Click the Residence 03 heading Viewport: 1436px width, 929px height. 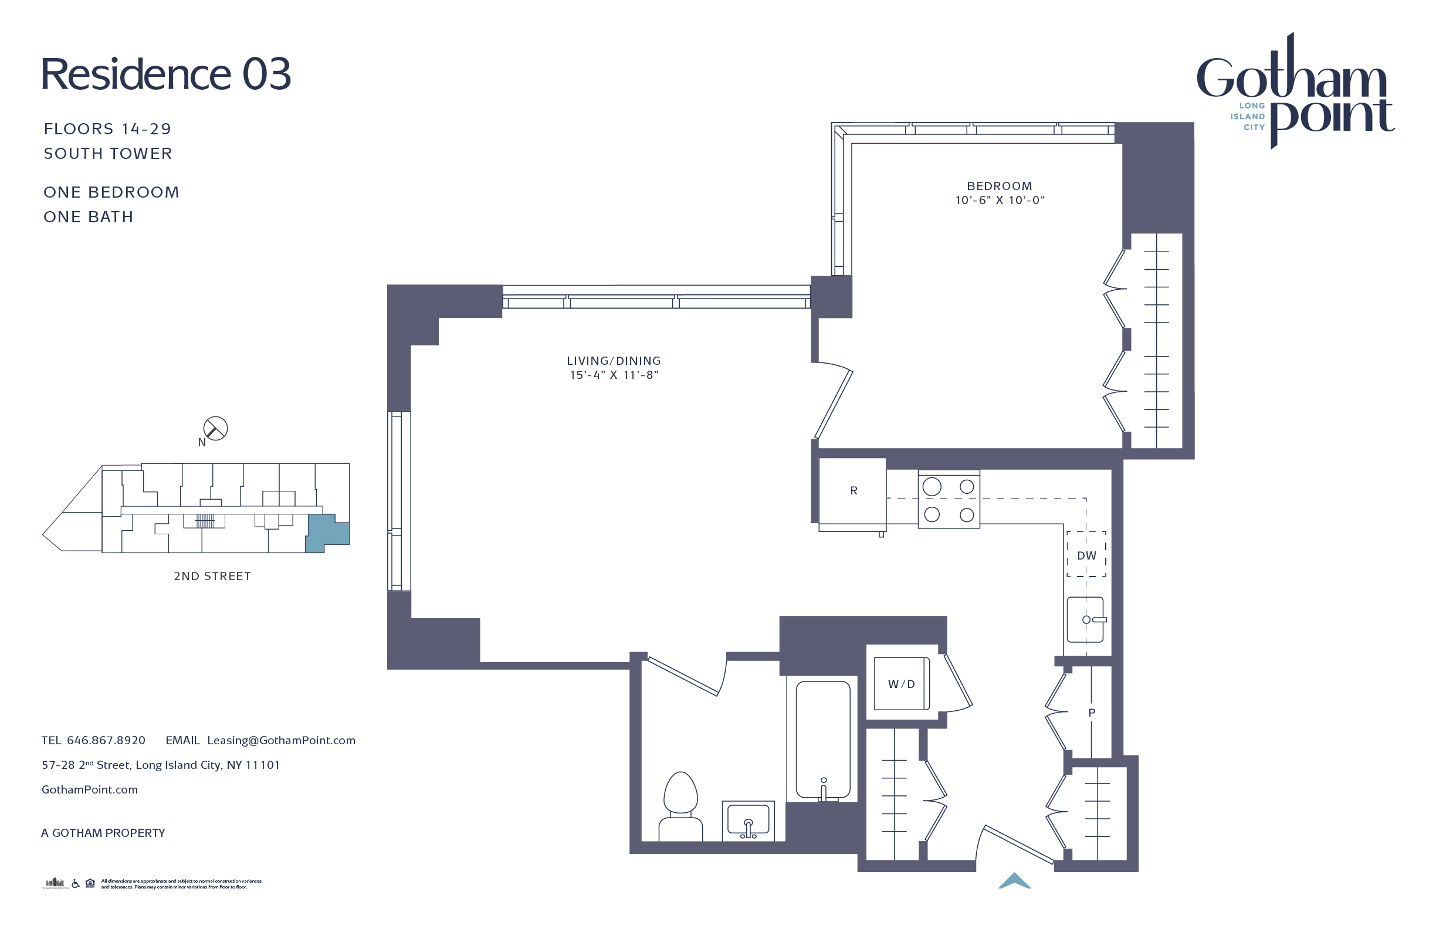coord(166,75)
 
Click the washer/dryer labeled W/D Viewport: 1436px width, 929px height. coord(902,683)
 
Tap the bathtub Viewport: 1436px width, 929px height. coord(823,739)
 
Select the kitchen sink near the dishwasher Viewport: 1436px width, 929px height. coord(1085,619)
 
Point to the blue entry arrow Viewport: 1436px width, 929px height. coord(1014,881)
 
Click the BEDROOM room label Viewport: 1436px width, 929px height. coord(999,187)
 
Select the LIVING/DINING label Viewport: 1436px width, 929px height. coord(614,361)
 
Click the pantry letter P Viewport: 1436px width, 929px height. coord(1092,713)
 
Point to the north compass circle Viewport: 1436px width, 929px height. coord(215,429)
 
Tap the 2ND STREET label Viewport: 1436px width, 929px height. coord(212,576)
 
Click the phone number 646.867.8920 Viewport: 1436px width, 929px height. coord(106,740)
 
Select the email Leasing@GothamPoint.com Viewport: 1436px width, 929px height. coord(281,740)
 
